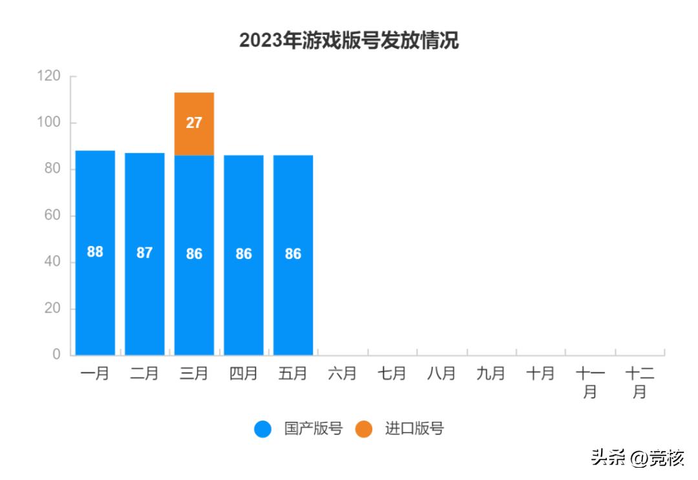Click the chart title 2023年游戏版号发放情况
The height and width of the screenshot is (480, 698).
[x=349, y=41]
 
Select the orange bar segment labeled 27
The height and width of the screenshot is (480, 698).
[x=194, y=123]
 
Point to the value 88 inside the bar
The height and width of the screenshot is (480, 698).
[x=95, y=252]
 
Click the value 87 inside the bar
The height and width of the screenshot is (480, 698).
[x=144, y=253]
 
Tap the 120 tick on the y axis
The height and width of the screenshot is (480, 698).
[x=49, y=76]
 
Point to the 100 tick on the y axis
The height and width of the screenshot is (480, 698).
[x=49, y=123]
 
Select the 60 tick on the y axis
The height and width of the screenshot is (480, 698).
[x=52, y=215]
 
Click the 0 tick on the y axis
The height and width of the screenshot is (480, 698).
[x=56, y=355]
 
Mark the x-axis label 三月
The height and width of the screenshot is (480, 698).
[x=194, y=373]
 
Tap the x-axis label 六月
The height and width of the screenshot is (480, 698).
[x=343, y=373]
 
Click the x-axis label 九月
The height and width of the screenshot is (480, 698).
[x=491, y=373]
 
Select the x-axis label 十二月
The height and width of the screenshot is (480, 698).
[x=639, y=382]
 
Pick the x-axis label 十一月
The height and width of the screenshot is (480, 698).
[x=589, y=382]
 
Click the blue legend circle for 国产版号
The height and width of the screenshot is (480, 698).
[x=263, y=429]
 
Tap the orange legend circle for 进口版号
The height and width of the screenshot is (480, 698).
[x=364, y=429]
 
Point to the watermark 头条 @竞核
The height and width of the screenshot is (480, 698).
[x=637, y=459]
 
